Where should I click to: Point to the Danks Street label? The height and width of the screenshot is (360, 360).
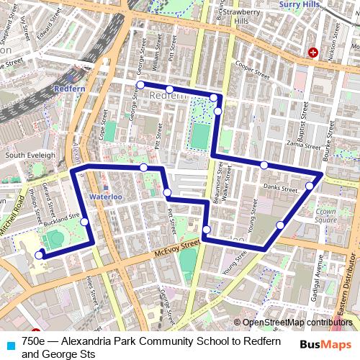click(x=280, y=189)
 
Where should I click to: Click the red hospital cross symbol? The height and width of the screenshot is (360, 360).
click(x=313, y=53)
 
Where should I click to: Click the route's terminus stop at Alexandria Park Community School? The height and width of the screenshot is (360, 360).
click(x=39, y=253)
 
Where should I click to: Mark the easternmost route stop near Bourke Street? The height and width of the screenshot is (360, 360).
click(x=310, y=186)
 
